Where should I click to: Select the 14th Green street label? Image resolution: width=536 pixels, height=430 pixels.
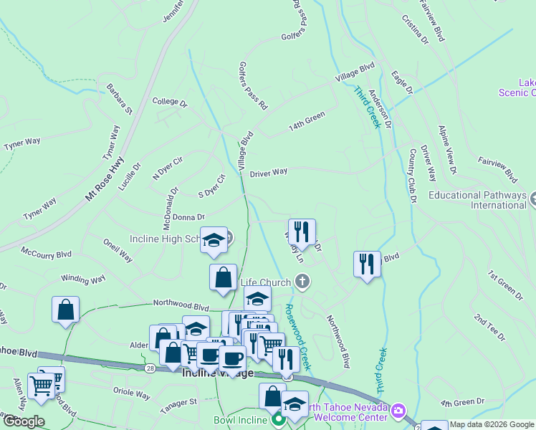click(x=307, y=120)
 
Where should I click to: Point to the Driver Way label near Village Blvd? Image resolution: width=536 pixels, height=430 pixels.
click(x=269, y=173)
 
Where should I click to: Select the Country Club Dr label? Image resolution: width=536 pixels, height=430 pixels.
click(x=412, y=176)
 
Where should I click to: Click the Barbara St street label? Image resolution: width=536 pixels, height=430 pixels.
click(x=120, y=99)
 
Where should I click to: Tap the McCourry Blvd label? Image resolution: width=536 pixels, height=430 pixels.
click(x=47, y=254)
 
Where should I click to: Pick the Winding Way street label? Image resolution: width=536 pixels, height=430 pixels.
click(x=83, y=278)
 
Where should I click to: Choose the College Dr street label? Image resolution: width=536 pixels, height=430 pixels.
click(x=169, y=102)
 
